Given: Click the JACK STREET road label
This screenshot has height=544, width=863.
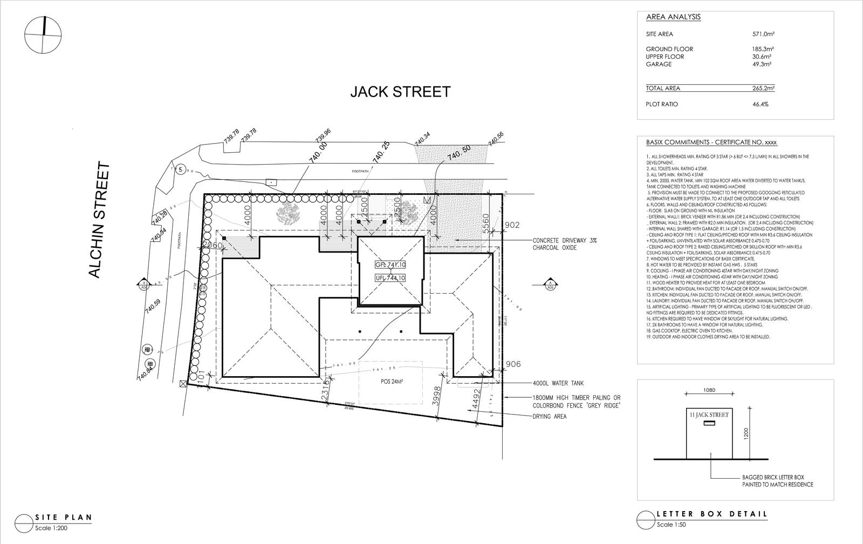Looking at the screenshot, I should pos(400,92).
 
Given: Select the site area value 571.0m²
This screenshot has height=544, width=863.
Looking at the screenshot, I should pos(763,34).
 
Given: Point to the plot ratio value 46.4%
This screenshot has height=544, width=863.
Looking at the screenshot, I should pos(760,104).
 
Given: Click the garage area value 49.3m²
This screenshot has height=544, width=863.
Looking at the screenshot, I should pos(762,64).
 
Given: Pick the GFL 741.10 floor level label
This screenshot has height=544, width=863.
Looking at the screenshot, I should pos(391,265).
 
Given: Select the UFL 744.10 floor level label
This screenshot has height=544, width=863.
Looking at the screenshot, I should pos(391,278).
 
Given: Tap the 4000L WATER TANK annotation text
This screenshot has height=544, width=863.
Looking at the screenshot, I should pos(558,384).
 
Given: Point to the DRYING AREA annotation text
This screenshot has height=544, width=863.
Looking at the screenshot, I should pos(550,417).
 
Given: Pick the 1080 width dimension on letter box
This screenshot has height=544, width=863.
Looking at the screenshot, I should pos(709,390).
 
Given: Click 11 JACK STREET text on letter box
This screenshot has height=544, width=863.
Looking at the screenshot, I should pos(709,415).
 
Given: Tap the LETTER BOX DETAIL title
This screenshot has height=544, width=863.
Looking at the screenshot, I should pos(711,514).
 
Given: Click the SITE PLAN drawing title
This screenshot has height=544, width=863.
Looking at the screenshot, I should pos(63,518).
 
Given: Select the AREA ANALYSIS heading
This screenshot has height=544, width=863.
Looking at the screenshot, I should pos(673,17).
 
